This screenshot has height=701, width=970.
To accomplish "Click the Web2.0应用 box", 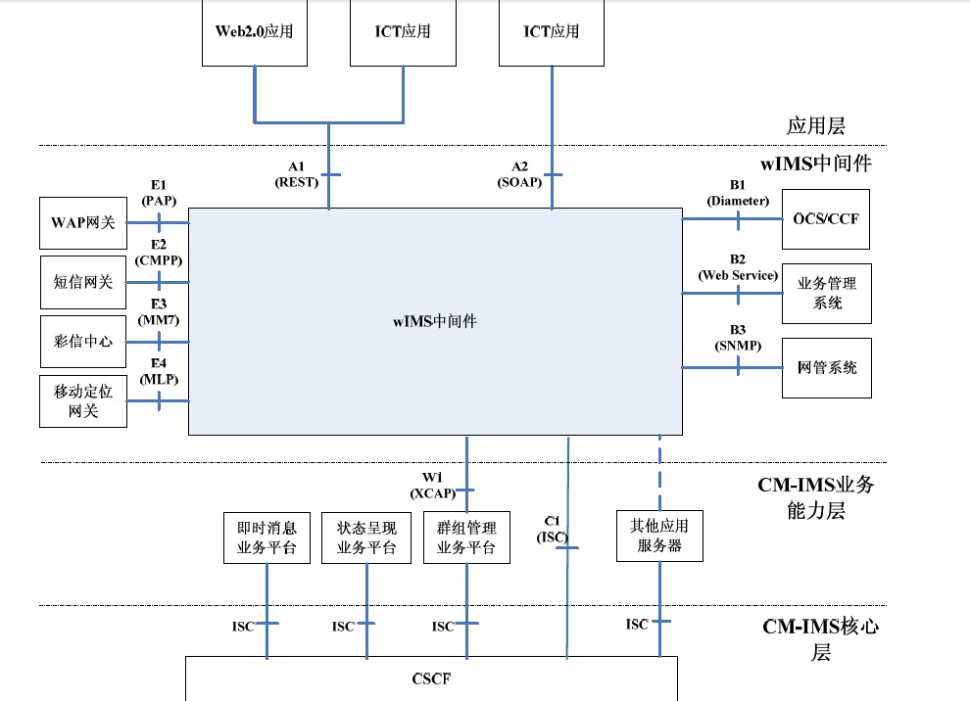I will [x=255, y=31].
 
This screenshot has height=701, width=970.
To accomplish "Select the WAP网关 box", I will [x=83, y=222].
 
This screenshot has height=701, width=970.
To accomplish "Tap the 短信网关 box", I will [x=83, y=282].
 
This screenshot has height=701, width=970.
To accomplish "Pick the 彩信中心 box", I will [x=83, y=342].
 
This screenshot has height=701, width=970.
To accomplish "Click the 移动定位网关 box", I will [x=83, y=401].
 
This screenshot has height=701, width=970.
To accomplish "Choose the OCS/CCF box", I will [x=825, y=218].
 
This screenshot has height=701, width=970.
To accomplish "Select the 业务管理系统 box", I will [x=826, y=293].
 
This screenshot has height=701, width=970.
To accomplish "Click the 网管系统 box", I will [x=826, y=368].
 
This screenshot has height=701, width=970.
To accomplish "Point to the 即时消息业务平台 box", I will [x=267, y=537].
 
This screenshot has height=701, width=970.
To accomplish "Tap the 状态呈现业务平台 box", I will [x=366, y=537].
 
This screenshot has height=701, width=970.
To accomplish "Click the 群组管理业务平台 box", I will [x=466, y=537].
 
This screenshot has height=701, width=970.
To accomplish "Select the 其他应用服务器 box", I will [x=659, y=536].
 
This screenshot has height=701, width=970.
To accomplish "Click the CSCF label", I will [x=431, y=678].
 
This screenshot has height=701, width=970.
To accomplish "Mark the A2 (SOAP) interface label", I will [x=519, y=174].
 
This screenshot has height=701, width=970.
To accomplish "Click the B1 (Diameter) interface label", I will [x=739, y=192].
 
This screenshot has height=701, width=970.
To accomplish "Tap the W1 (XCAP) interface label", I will [x=433, y=485].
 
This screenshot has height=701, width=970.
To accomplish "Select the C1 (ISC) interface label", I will [x=552, y=529].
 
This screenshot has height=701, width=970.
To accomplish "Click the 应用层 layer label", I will [x=816, y=126].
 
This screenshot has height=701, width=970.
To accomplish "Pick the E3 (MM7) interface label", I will [x=159, y=312].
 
